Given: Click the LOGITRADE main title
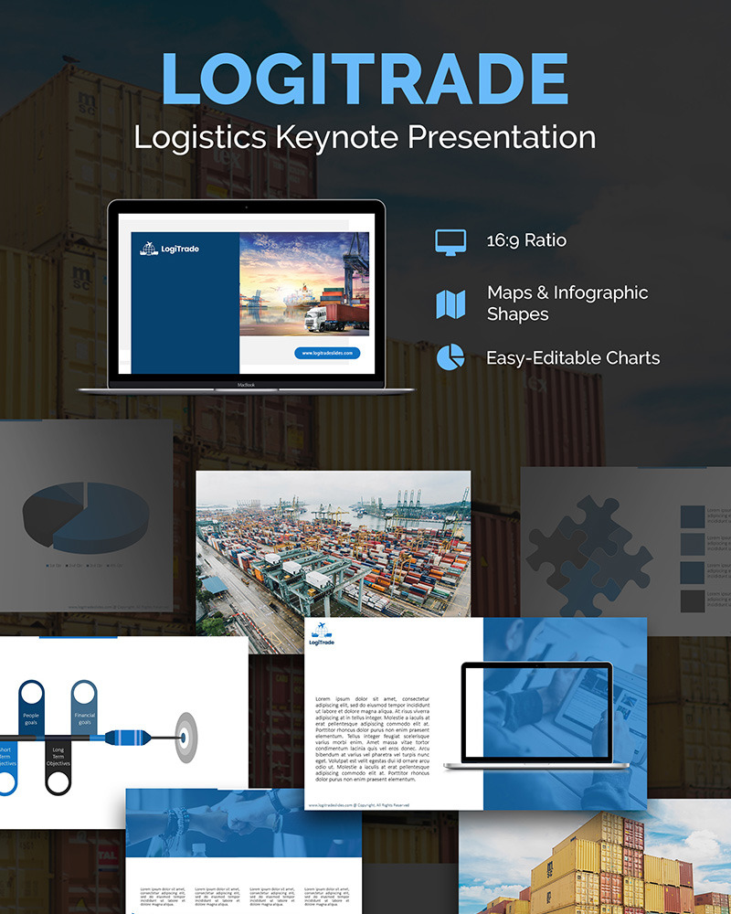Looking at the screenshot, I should pos(365,79).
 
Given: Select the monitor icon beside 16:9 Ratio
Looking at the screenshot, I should pos(450,241).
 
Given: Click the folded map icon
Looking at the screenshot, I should pos(450,304).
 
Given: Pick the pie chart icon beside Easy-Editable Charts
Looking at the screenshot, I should pos(450,357).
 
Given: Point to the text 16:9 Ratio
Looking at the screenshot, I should pos(526,241).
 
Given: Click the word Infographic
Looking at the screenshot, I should pos(598,293).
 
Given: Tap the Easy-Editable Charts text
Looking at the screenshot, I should pos(573,357).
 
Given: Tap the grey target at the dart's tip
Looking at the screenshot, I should pos(185,736).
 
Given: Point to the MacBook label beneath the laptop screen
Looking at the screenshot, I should pos(246,386).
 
